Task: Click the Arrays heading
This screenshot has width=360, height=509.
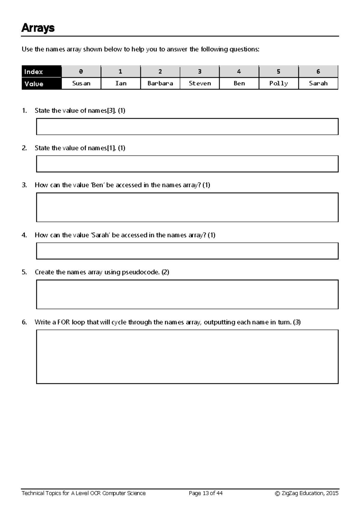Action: coord(38,28)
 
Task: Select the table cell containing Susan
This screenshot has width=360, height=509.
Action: coord(81,83)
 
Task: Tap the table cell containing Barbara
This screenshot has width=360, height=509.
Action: coord(160,83)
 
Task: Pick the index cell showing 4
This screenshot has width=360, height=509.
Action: coord(239,71)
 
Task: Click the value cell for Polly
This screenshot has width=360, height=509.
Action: coord(278,83)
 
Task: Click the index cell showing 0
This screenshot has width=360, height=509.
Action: coord(81,71)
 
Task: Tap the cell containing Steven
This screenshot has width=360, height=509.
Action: coord(199,83)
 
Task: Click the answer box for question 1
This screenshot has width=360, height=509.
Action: coord(187,126)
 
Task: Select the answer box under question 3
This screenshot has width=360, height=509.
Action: coord(187,207)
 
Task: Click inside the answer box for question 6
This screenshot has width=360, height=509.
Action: coord(187,356)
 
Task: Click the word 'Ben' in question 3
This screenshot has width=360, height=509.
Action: coord(97,185)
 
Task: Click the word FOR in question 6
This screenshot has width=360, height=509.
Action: coord(64,322)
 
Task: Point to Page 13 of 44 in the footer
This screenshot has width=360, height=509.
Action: coord(205,493)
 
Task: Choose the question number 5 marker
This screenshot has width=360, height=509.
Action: coord(24,272)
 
